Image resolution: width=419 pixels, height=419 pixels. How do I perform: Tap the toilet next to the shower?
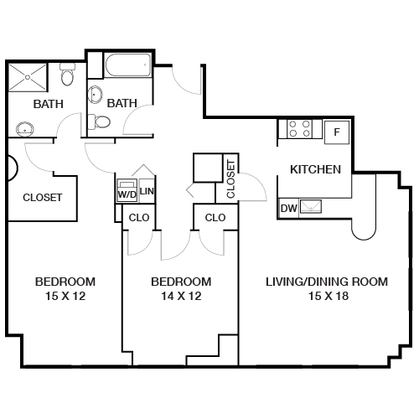click(69, 78)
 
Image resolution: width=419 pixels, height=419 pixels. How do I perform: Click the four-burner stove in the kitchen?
click(300, 130)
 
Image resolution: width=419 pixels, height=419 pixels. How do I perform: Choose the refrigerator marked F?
click(336, 132)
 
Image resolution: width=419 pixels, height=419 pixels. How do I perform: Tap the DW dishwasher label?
click(287, 207)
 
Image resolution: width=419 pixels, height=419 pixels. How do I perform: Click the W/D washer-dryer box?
click(127, 190)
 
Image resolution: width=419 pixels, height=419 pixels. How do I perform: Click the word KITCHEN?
click(315, 169)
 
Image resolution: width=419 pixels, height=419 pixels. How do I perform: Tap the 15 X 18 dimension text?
click(326, 296)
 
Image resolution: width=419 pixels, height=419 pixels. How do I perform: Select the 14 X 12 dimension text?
click(180, 296)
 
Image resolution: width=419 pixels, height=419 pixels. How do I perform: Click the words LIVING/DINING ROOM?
click(326, 282)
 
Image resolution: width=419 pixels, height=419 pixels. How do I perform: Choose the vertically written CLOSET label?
click(231, 178)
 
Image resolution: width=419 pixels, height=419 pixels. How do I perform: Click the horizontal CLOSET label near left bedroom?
click(42, 198)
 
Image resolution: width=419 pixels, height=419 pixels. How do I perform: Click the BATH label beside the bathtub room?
click(122, 103)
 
